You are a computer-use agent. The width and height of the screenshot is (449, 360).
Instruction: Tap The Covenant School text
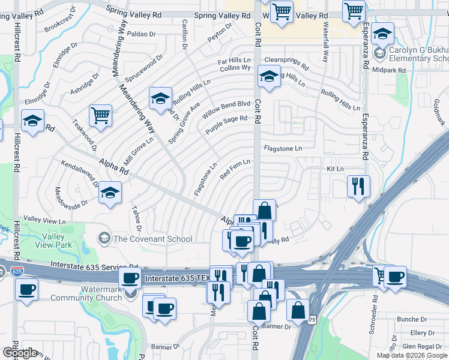coord(153,239)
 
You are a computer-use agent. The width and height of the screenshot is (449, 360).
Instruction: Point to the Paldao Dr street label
coord(141,34)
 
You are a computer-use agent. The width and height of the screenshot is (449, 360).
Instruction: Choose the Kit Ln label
coord(335,169)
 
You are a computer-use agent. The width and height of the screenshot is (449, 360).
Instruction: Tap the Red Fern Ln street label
coord(235,170)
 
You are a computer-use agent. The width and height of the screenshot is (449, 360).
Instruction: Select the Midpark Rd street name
coord(388,70)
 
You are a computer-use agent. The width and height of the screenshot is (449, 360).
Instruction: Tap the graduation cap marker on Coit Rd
coord(269,76)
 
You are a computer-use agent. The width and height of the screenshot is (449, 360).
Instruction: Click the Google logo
coord(20,353)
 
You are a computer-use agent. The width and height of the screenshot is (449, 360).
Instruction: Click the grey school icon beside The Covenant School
coord(104,239)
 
